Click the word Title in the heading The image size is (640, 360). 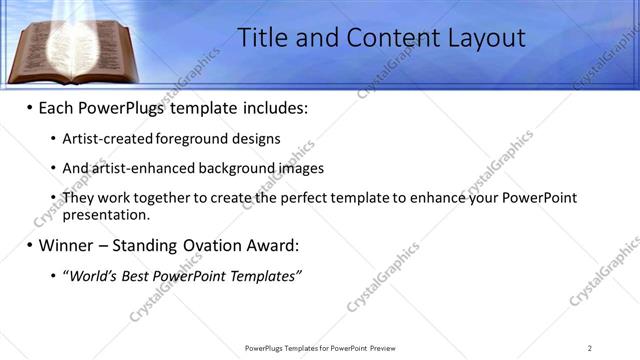[263, 38]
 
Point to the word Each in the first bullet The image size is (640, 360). [57, 107]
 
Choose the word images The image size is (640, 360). [301, 169]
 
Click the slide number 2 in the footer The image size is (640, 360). [590, 348]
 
